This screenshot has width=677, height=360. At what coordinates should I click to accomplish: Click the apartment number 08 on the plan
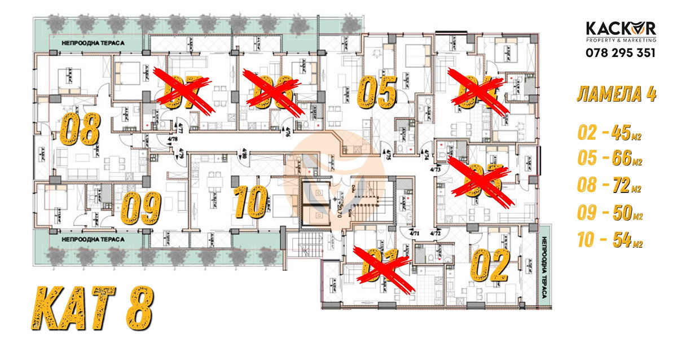point(80,130)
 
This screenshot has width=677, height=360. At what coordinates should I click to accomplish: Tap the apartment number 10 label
point(250,201)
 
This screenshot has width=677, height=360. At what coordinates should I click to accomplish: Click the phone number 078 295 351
point(620,53)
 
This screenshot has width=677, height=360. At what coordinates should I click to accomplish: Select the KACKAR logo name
point(620,29)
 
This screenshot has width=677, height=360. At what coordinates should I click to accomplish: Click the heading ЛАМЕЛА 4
point(616,94)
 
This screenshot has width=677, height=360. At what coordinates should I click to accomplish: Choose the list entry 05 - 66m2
point(610,160)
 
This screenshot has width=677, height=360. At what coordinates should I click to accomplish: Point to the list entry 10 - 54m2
point(610,240)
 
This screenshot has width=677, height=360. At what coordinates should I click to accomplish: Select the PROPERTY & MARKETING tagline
point(620,41)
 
